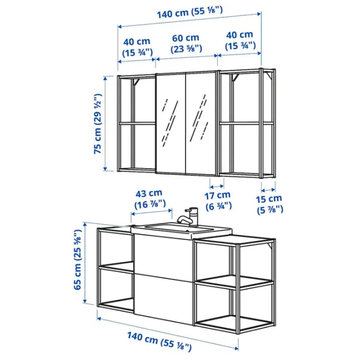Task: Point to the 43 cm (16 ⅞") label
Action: (148, 199)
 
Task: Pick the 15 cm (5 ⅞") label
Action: (269, 204)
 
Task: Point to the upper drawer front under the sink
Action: (163, 255)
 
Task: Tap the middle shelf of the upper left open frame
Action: (136, 123)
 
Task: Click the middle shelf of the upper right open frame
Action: (246, 124)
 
